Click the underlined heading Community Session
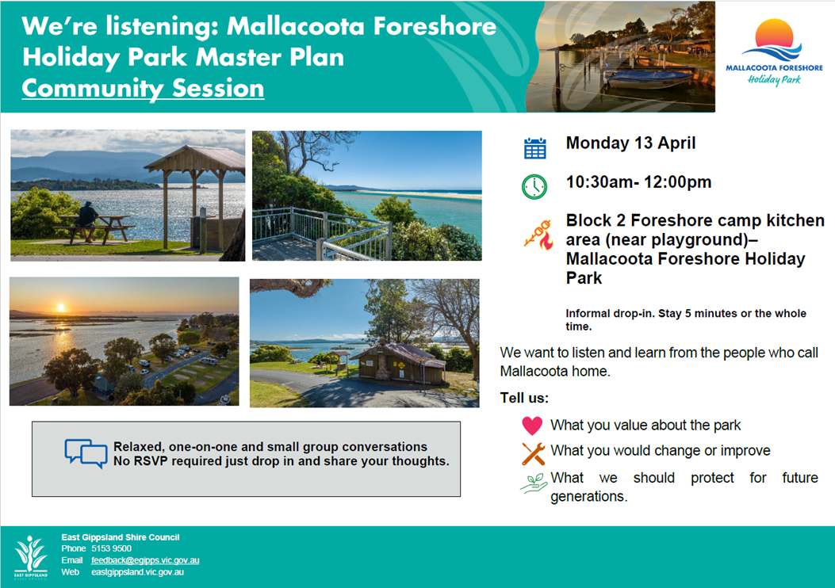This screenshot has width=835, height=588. tap(143, 88)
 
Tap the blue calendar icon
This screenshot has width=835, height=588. tap(534, 148)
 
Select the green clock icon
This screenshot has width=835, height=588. tap(534, 187)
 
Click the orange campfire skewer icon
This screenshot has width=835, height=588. tap(538, 235)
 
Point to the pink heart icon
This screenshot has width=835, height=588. tap(532, 426)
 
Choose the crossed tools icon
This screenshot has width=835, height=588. tap(533, 454)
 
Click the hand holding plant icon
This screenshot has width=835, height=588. tap(534, 483)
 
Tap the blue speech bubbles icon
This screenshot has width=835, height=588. tap(86, 453)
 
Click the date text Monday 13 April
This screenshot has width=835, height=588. tap(630, 143)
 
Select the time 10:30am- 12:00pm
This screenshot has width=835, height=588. tap(638, 182)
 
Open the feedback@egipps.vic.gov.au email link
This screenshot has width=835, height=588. tap(145, 560)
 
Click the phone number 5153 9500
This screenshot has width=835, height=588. tap(111, 548)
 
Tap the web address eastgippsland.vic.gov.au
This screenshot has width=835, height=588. tap(137, 572)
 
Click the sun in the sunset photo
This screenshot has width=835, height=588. tap(61, 307)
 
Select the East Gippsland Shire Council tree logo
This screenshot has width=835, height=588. tap(30, 556)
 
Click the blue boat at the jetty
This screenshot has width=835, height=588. tap(649, 79)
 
